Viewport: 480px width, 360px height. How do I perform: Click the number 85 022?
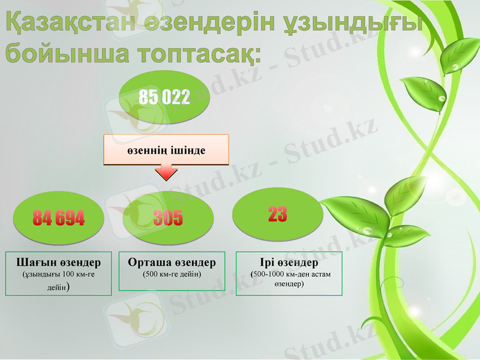[164, 97]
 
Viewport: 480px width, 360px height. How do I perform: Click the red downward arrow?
[166, 173]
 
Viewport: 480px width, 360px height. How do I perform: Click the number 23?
[277, 214]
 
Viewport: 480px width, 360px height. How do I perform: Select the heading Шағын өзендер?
[59, 263]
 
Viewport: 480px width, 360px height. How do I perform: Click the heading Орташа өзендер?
[172, 263]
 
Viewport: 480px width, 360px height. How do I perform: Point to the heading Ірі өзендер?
[289, 263]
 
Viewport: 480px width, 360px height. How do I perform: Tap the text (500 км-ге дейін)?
[172, 274]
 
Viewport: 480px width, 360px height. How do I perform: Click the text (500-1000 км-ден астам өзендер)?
[290, 279]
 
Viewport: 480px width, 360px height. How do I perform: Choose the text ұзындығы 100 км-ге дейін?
[59, 280]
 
